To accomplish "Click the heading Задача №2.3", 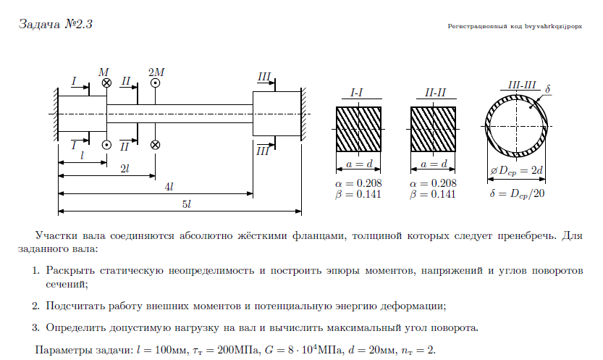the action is [54, 25].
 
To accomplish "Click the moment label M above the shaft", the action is [104, 72].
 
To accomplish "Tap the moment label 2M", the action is [156, 72].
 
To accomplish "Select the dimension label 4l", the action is [169, 187].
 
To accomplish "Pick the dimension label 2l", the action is [125, 168].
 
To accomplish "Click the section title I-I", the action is [357, 93].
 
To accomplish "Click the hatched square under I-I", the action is [358, 129].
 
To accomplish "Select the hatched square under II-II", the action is [434, 129].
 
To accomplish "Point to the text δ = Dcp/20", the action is [517, 194].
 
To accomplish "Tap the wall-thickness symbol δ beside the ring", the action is [548, 89].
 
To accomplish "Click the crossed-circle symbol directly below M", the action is [106, 83].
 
